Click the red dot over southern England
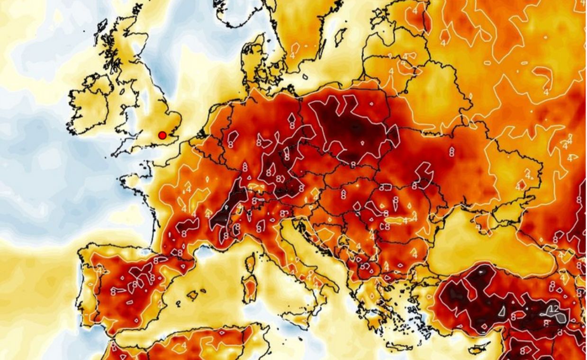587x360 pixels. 163,135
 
